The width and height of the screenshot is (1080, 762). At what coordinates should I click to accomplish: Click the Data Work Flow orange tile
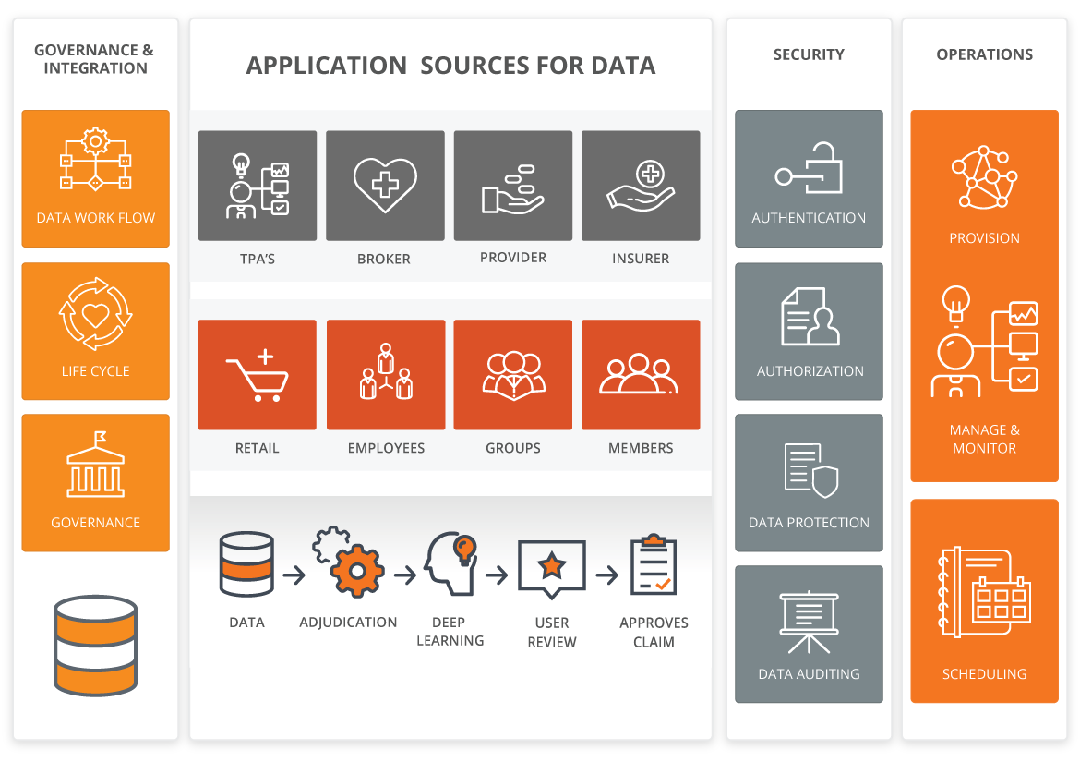95,179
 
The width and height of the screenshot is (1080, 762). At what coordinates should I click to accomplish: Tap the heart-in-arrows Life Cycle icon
95,315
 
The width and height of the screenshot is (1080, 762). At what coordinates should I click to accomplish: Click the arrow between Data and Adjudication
294,575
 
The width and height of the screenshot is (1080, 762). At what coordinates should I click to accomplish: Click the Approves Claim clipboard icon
654,564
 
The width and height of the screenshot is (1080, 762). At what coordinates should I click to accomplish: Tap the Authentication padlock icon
809,168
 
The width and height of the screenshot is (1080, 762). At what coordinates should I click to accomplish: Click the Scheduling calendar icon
984,591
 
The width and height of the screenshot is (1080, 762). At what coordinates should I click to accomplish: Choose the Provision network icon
984,178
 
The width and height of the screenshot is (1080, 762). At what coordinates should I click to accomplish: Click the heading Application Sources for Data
450,67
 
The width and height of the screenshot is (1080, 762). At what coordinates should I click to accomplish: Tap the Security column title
809,54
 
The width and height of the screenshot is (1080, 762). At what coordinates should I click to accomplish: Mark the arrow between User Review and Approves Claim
606,575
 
